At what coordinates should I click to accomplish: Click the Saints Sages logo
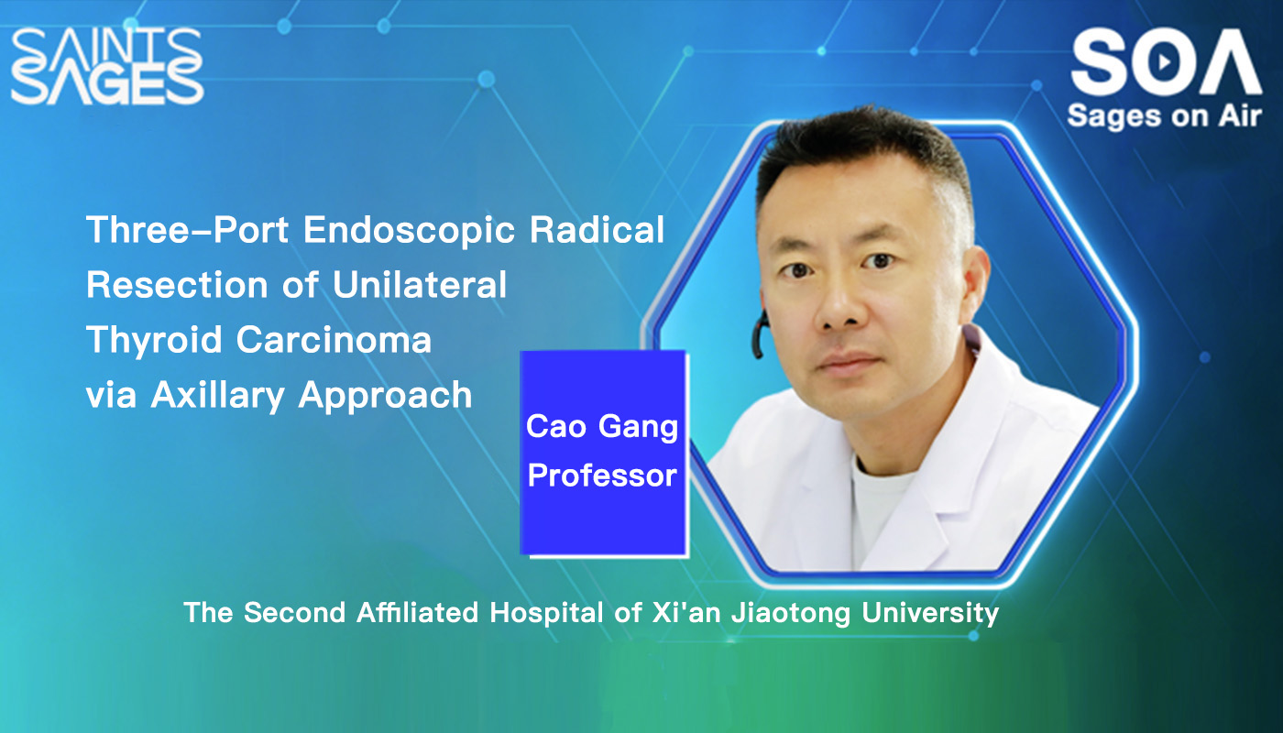(106, 66)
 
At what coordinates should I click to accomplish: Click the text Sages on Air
(1164, 115)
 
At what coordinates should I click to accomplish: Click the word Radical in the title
(609, 230)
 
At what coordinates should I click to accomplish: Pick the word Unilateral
(420, 285)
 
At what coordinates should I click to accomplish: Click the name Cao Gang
(602, 426)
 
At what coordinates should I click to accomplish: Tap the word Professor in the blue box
(602, 476)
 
